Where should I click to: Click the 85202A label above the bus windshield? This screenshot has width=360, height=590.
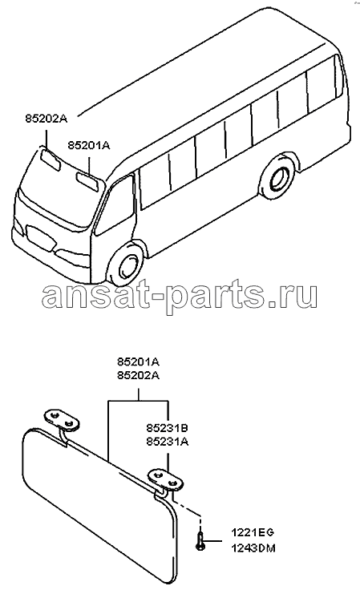[47, 119]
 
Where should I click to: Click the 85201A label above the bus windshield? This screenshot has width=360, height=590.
[89, 145]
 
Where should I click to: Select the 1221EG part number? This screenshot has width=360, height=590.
[253, 532]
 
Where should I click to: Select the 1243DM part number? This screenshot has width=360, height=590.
[253, 548]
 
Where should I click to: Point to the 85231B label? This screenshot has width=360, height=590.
[168, 428]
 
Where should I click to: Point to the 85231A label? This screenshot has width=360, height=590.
[168, 442]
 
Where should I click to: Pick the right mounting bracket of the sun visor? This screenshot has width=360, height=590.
[165, 479]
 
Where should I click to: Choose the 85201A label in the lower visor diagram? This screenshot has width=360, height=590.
[138, 362]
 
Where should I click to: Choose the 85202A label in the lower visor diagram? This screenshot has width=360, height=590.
[138, 375]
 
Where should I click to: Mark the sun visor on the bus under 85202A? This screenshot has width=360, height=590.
[50, 160]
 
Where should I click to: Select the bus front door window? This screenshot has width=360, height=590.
[115, 205]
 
